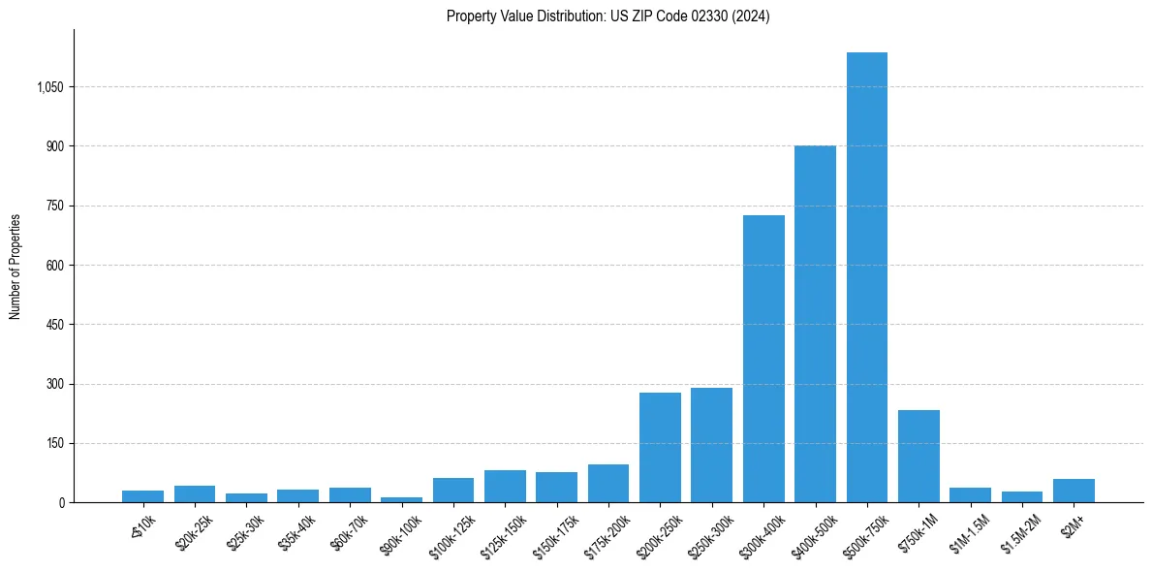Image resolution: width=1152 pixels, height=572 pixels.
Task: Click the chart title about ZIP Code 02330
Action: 607,16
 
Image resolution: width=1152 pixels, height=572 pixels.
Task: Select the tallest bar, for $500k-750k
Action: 866,277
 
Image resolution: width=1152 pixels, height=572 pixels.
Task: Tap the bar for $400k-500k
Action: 815,324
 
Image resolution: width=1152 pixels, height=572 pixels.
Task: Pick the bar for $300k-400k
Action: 763,359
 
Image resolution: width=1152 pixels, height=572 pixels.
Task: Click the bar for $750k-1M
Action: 918,456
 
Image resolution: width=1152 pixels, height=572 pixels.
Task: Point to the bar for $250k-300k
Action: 711,445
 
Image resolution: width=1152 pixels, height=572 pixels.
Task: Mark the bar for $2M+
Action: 1074,491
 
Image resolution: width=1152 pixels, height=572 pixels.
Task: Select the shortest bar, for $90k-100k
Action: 401,499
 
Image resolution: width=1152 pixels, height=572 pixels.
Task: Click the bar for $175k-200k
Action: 608,483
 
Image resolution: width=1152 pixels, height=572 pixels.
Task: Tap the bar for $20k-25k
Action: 195,493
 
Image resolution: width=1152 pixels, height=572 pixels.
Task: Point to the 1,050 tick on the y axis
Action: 49,87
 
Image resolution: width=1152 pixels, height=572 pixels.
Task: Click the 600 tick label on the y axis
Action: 54,266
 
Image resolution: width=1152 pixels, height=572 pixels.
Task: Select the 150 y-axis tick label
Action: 54,444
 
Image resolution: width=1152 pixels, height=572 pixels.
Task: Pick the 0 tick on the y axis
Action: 60,503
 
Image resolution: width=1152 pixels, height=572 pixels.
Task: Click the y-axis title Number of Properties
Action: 16,266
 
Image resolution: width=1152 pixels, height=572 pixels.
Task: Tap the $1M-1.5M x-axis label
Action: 971,532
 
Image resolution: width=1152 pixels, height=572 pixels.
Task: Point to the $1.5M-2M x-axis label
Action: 1021,532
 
